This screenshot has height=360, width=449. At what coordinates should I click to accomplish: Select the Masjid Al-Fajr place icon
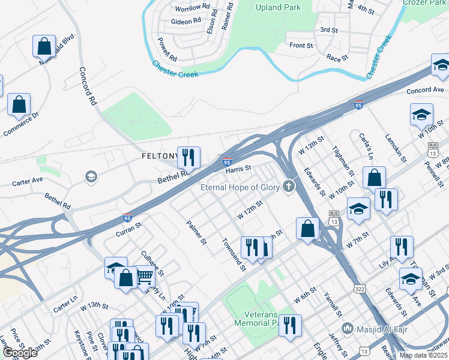pyautogui.click(x=347, y=328)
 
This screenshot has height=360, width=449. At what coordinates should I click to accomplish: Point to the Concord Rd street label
pyautogui.click(x=88, y=86)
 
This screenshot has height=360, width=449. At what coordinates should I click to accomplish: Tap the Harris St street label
pyautogui.click(x=238, y=170)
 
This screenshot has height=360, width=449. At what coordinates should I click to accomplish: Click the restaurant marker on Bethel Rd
pyautogui.click(x=189, y=158)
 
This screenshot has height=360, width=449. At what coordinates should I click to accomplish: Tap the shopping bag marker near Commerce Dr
pyautogui.click(x=19, y=104)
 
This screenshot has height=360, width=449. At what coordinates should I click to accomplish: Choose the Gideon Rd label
pyautogui.click(x=185, y=21)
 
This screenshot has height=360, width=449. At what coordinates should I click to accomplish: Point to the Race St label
pyautogui.click(x=337, y=58)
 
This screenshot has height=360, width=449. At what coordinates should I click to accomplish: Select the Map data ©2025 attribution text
pyautogui.click(x=423, y=355)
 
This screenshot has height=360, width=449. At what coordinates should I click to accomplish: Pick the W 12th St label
pyautogui.click(x=250, y=210)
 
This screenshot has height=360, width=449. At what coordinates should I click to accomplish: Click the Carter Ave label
pyautogui.click(x=28, y=179)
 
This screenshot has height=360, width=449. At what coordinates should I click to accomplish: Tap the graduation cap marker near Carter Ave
pyautogui.click(x=91, y=176)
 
